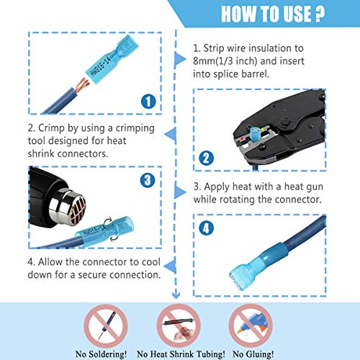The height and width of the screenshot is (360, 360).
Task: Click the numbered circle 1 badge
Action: (148, 102)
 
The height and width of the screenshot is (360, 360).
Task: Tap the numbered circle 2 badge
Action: (206, 158)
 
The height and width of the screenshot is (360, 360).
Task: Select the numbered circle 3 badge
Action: (147, 180)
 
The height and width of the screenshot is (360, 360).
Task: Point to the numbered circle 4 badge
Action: (207, 228)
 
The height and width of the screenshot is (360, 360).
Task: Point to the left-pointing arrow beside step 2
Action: (169, 130)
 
